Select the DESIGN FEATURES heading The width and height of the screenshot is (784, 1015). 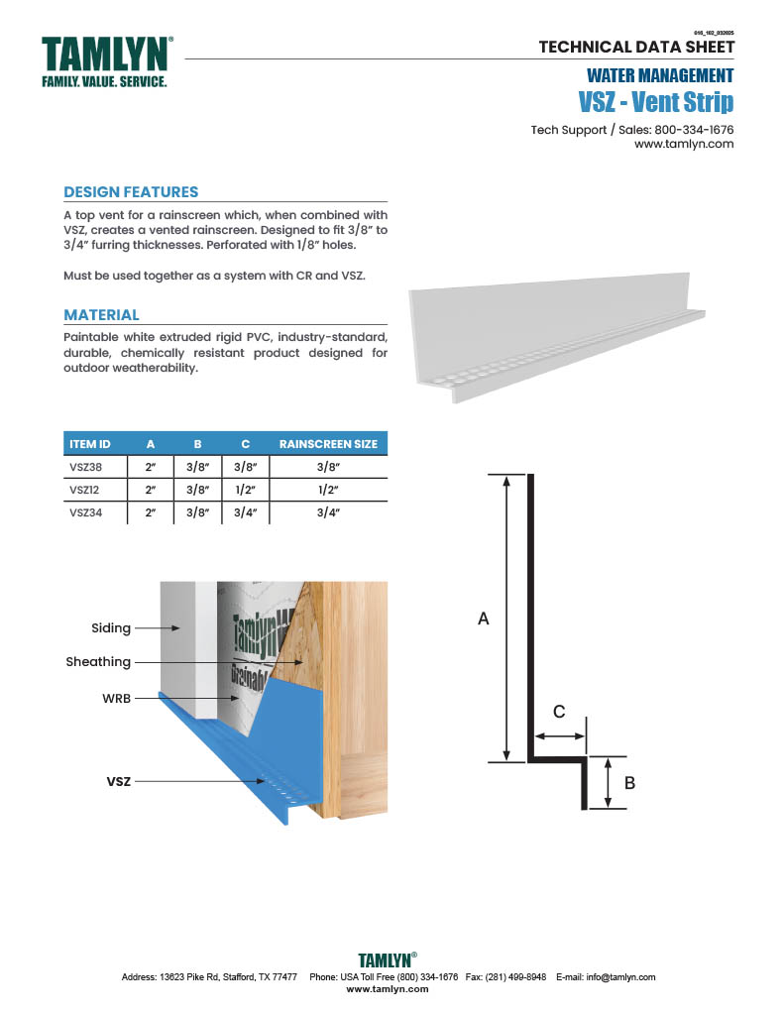(x=131, y=192)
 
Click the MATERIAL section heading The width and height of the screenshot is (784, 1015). (x=101, y=315)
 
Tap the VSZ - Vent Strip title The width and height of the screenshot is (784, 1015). (x=655, y=102)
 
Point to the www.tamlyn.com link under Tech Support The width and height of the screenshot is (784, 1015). (x=683, y=144)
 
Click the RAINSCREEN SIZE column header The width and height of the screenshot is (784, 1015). (x=328, y=444)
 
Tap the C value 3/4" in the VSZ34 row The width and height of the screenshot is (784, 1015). (x=242, y=512)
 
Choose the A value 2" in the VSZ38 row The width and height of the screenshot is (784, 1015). (x=151, y=467)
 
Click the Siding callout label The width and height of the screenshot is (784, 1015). (x=111, y=628)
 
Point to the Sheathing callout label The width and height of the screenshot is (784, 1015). (x=98, y=662)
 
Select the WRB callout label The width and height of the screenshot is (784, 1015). (x=116, y=699)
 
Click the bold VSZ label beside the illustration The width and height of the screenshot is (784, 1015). (x=119, y=782)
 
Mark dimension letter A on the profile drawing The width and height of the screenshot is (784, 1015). (x=484, y=619)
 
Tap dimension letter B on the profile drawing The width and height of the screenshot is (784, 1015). (x=629, y=783)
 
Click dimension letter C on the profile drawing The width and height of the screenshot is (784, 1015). (x=559, y=711)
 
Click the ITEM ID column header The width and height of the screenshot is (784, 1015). (x=89, y=444)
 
